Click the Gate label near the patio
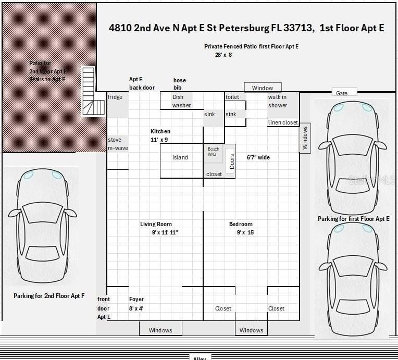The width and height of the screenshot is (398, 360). [342, 93]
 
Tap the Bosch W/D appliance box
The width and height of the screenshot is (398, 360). [213, 153]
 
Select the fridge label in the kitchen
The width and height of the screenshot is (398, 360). [115, 97]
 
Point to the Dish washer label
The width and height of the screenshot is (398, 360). [181, 101]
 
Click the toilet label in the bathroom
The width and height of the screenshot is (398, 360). [232, 97]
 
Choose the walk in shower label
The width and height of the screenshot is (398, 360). [278, 101]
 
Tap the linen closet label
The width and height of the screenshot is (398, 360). [283, 123]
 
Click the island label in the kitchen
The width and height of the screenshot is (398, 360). [180, 157]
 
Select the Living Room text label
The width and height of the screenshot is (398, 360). [156, 225]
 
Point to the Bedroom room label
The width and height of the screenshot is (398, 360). [241, 225]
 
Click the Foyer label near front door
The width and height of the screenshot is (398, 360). [136, 300]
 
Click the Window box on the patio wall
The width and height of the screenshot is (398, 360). [263, 88]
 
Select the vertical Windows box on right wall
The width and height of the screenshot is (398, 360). [305, 138]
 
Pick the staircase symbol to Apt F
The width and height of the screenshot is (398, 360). [89, 92]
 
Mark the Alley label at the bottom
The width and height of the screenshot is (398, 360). [200, 358]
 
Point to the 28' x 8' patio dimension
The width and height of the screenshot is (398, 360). [223, 55]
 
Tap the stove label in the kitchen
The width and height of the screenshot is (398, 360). [115, 140]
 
